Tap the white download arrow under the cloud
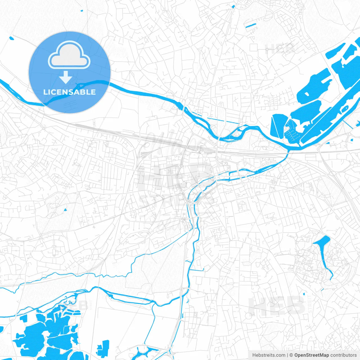click(x=66, y=77)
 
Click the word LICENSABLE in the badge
click(x=69, y=92)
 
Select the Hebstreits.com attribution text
click(x=269, y=355)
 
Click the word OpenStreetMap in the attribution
click(x=311, y=355)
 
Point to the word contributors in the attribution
click(x=343, y=355)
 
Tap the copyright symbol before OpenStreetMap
click(x=291, y=355)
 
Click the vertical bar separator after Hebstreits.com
click(x=287, y=355)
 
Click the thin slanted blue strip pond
click(x=250, y=26)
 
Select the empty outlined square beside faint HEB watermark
click(x=254, y=47)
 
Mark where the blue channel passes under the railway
click(x=287, y=153)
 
